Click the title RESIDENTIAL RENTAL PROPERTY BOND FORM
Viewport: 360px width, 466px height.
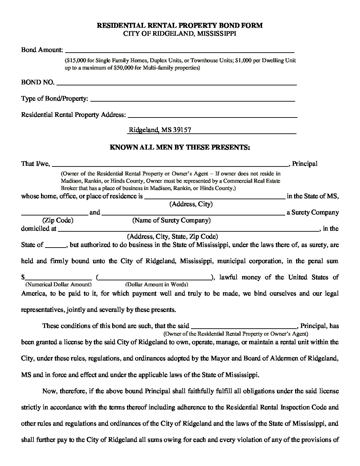coord(180,25)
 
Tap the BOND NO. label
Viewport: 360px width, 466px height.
coord(38,82)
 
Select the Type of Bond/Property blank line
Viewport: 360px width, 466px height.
coord(192,100)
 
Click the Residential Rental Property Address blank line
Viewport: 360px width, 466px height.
coord(212,117)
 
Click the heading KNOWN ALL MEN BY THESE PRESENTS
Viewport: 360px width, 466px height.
coord(180,147)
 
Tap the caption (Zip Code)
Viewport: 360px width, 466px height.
coord(58,220)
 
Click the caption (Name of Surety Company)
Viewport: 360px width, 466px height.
coord(171,220)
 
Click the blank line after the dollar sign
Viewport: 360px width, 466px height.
coord(59,279)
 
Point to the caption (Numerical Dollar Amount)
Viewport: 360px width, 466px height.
coord(58,284)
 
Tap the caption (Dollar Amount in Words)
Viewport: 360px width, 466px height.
coord(157,284)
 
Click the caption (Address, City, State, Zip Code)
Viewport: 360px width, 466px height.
coord(172,237)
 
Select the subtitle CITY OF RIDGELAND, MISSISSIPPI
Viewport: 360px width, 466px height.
coord(180,34)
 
